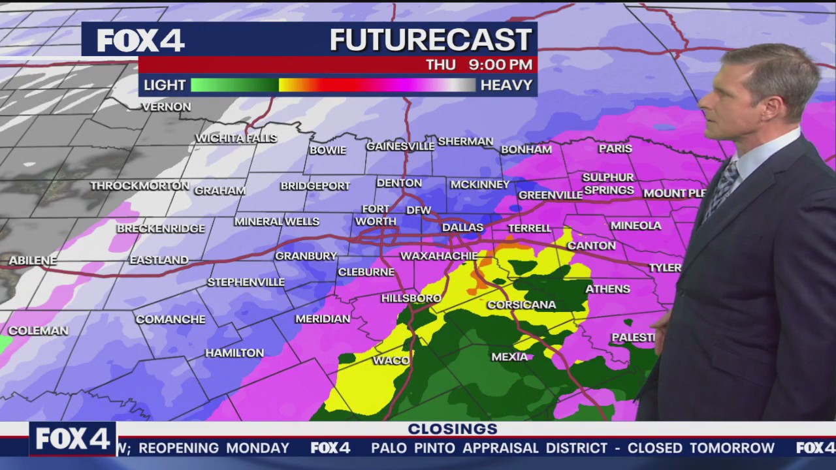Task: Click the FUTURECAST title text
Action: click(x=431, y=40)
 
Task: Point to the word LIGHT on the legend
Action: click(x=165, y=86)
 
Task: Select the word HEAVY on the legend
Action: click(x=506, y=86)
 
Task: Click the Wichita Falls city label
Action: click(x=236, y=138)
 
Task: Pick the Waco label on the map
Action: click(x=391, y=360)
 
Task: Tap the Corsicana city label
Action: click(x=521, y=305)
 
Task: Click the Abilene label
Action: click(x=33, y=260)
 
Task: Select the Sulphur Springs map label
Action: click(x=608, y=183)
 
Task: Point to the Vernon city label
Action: click(x=166, y=106)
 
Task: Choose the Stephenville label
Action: click(x=246, y=282)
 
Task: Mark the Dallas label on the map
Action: click(x=462, y=228)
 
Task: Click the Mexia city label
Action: click(x=509, y=357)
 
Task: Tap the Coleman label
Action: click(x=38, y=331)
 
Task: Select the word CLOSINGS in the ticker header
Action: click(x=453, y=429)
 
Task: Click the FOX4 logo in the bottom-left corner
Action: click(x=72, y=439)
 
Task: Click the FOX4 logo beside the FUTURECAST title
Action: click(x=140, y=40)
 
